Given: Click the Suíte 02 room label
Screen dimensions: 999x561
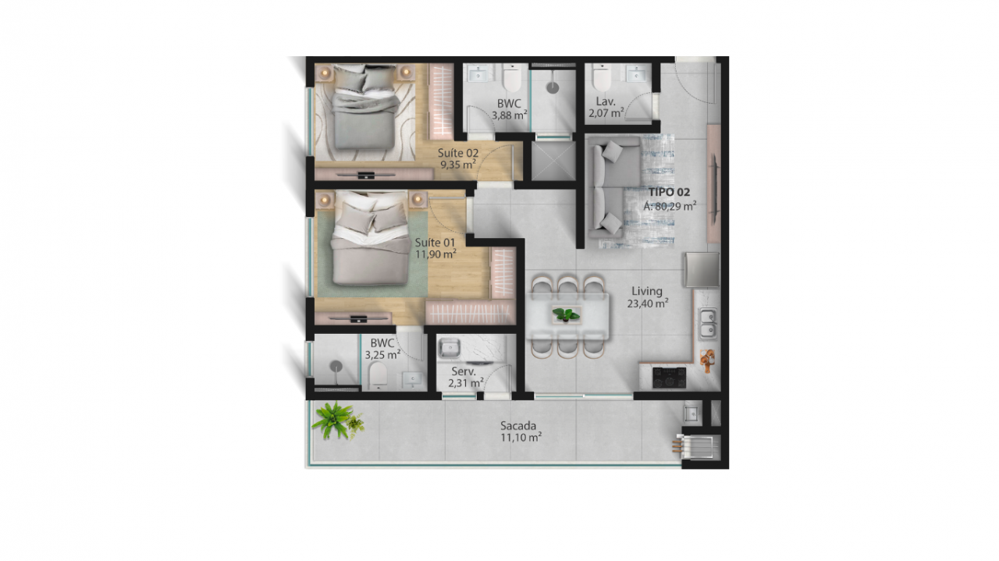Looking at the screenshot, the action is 458,153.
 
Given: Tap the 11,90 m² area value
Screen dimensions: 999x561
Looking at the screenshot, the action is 436,254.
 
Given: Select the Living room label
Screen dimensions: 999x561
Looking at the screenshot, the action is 647,292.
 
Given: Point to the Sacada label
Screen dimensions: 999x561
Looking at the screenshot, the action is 518,425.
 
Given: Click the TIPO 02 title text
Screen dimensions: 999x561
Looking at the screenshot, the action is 669,192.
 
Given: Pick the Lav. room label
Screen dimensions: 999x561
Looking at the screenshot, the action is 606,101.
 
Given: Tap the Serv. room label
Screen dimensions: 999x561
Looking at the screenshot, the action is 464,371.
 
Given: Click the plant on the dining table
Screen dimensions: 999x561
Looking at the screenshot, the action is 566,315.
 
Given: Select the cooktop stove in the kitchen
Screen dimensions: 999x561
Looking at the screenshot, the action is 669,378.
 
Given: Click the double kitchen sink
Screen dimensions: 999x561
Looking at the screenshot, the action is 708,323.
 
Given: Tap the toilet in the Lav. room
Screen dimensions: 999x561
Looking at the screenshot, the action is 602,77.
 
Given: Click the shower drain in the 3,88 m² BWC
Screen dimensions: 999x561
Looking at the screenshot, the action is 553,87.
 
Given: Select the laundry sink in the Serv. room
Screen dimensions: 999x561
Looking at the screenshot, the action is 449,348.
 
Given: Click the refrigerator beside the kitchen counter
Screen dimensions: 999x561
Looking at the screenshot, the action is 702,270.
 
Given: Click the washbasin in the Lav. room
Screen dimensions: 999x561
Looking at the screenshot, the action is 635,73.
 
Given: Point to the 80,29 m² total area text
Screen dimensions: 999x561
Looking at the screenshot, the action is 670,207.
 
